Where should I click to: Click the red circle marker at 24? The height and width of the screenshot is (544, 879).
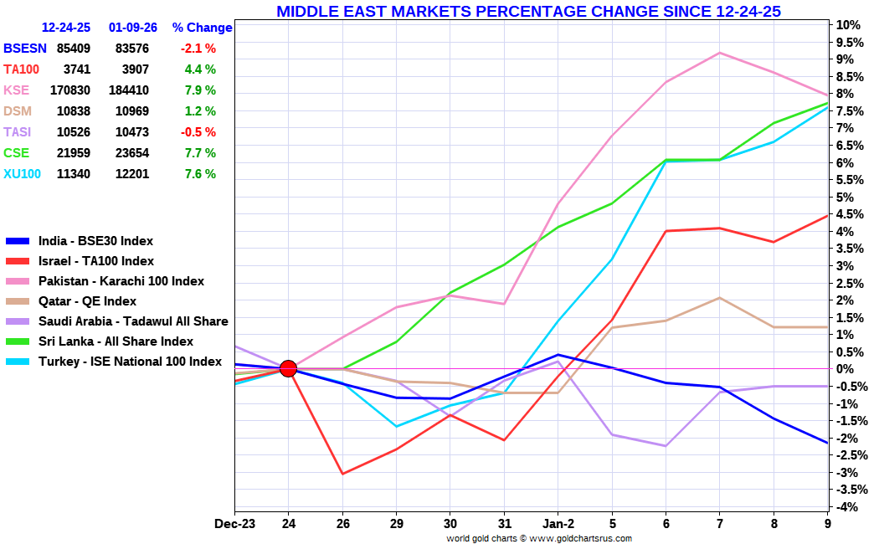(288, 368)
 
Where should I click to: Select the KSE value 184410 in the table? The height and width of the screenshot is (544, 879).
(128, 90)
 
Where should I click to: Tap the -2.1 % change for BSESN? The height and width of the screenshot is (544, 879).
(198, 49)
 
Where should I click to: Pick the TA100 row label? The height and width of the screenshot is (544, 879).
(22, 69)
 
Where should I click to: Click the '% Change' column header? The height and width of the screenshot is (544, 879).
(202, 28)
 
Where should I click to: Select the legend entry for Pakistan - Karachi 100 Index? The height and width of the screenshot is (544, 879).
(121, 281)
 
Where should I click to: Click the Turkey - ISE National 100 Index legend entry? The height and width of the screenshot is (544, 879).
(130, 362)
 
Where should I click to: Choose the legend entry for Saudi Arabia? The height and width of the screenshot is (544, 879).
(132, 321)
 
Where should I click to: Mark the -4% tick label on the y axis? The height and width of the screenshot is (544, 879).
(846, 507)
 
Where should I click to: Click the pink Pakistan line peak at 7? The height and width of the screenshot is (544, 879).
(719, 53)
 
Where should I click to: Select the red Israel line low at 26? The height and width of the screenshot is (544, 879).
(342, 474)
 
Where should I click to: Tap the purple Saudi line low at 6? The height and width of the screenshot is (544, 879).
(666, 446)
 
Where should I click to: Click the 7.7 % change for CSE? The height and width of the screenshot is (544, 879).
(200, 153)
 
